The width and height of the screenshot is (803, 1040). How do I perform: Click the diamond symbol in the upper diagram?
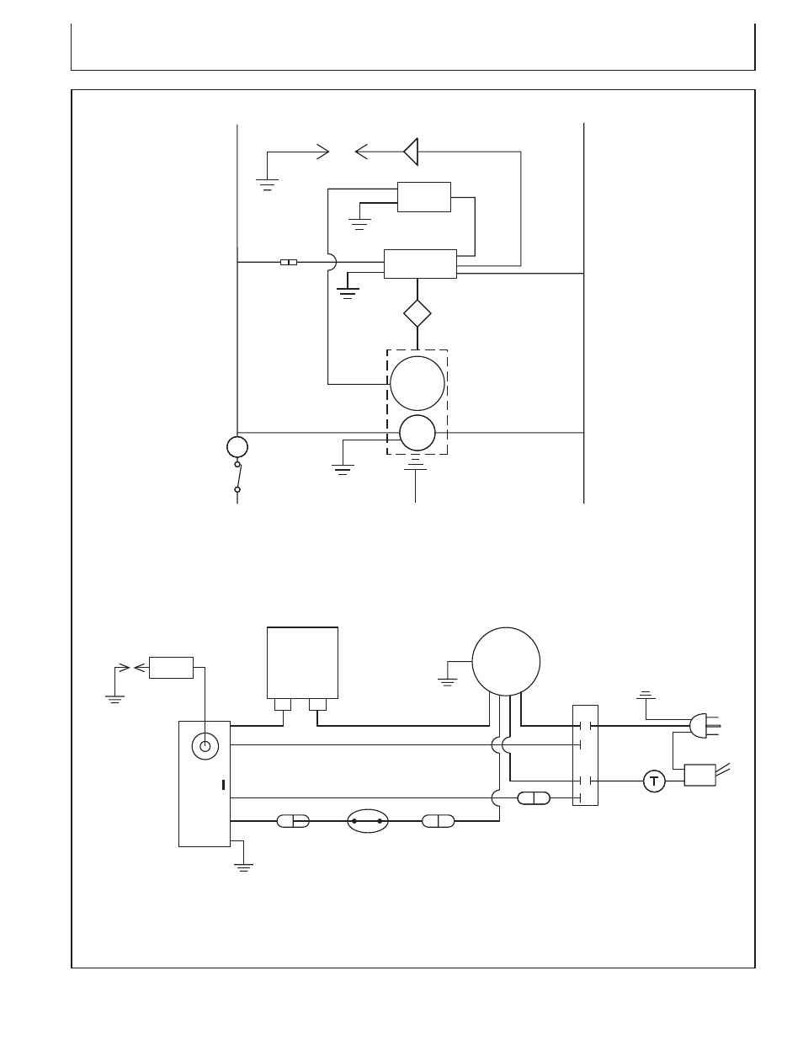pos(417,313)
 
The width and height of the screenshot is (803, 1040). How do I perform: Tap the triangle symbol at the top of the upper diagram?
pos(412,152)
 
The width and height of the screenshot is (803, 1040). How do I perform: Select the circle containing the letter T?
pos(654,781)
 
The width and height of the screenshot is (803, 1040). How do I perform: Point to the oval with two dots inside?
pos(367,821)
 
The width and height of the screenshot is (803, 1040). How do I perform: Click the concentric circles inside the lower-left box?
pos(205,746)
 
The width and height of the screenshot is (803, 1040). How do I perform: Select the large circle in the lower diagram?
pos(506,661)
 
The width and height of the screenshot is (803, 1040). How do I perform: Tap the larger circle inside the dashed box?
pos(417,383)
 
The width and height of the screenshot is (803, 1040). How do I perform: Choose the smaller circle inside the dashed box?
pos(417,433)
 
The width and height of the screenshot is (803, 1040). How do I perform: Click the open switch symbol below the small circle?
pos(237,477)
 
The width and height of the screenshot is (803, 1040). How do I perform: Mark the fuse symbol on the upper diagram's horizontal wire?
pos(289,262)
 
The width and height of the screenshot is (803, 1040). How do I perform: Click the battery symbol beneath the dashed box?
pos(415,463)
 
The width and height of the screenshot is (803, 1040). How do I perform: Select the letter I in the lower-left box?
pos(223,785)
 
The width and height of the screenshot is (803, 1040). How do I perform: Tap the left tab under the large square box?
pos(283,704)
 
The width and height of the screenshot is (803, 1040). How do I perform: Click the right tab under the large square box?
pos(317,704)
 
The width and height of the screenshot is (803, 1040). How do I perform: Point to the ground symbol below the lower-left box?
pos(243,867)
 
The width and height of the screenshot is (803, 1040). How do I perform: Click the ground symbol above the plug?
pos(646,695)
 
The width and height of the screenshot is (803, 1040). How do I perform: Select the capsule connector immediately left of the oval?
pos(293,821)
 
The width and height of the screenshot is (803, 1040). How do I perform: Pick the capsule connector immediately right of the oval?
pos(438,821)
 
